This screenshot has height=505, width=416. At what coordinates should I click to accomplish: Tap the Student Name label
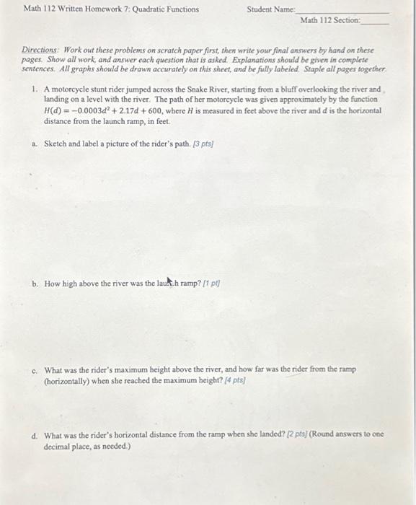[x=271, y=9]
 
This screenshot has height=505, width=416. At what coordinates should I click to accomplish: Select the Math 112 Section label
[x=329, y=20]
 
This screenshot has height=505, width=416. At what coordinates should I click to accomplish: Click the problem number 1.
[x=35, y=88]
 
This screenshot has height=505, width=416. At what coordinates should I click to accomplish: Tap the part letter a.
[x=35, y=144]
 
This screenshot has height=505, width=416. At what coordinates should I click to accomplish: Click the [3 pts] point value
[x=203, y=144]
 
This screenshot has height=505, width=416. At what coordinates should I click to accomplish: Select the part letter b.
[x=35, y=284]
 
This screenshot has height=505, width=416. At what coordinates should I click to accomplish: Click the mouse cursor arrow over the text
[x=171, y=281]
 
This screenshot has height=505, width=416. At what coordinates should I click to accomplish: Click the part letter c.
[x=35, y=369]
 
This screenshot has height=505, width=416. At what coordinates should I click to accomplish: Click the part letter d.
[x=35, y=435]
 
